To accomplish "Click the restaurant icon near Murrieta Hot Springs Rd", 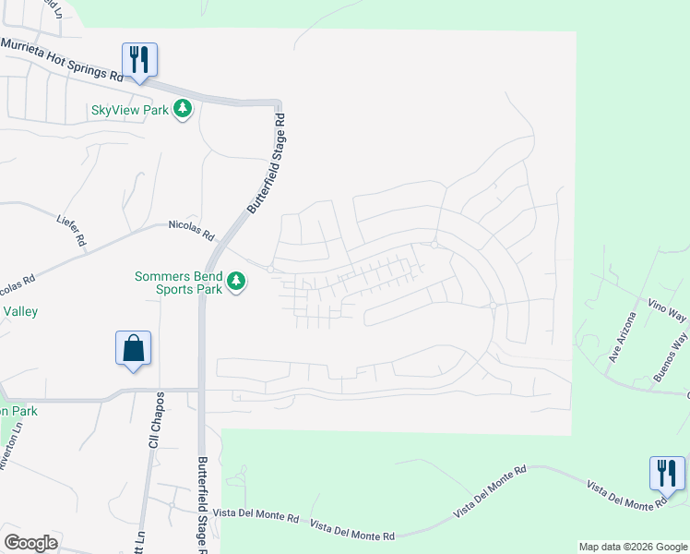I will tap(139, 60).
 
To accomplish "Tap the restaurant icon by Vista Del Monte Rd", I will tap(667, 473).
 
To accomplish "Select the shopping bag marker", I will tap(134, 348).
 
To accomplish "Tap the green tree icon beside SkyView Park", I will tap(184, 109).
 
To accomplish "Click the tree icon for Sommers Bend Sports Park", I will tap(237, 281).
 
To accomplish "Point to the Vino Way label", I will tap(667, 310).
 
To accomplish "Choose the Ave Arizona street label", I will tap(621, 337).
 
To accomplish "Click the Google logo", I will tap(30, 543).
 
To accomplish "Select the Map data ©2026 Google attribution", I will tap(632, 547).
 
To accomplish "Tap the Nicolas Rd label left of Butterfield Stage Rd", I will tap(191, 224).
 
